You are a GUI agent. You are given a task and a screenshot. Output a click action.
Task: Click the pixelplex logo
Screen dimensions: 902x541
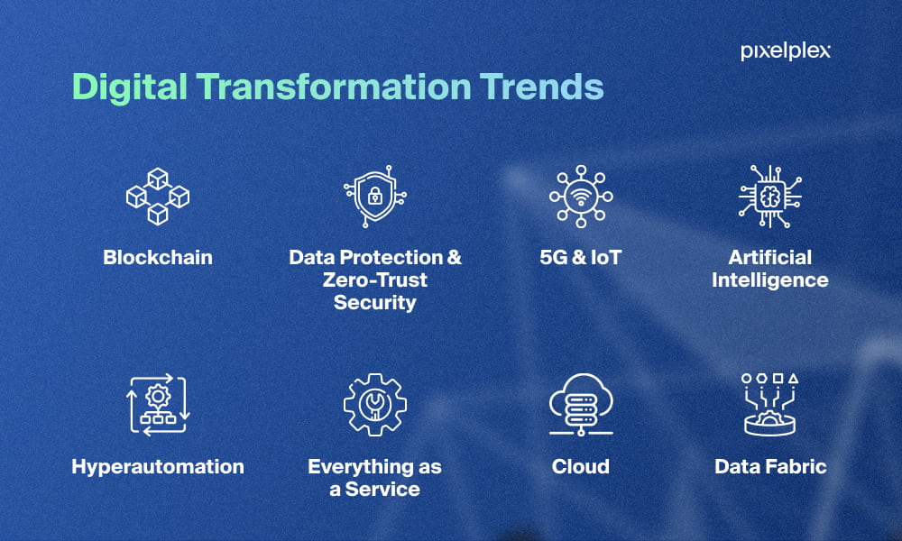pyautogui.click(x=786, y=51)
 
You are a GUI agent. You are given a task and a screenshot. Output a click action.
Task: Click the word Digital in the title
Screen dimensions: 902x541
pyautogui.click(x=129, y=87)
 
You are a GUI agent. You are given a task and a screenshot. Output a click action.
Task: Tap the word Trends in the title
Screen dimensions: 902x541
pyautogui.click(x=542, y=87)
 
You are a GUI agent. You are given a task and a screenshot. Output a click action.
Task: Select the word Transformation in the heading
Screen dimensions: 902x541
pyautogui.click(x=334, y=87)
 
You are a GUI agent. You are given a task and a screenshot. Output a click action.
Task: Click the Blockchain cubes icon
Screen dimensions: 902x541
pyautogui.click(x=158, y=196)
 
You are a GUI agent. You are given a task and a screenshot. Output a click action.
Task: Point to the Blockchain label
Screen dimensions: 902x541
pyautogui.click(x=158, y=257)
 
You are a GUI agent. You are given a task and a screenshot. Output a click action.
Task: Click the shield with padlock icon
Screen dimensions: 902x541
pyautogui.click(x=375, y=196)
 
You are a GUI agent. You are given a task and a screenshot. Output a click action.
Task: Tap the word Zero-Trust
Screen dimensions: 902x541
pyautogui.click(x=375, y=280)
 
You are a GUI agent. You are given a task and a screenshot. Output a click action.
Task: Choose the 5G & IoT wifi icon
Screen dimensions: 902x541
pyautogui.click(x=581, y=196)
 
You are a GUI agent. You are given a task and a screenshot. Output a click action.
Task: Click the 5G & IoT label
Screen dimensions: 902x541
pyautogui.click(x=581, y=257)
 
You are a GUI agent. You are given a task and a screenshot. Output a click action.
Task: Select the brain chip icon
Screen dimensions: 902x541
pyautogui.click(x=769, y=196)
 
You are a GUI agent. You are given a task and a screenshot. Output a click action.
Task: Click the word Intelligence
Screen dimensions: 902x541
pyautogui.click(x=769, y=280)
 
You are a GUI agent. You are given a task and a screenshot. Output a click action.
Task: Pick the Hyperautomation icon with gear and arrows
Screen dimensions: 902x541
pyautogui.click(x=158, y=405)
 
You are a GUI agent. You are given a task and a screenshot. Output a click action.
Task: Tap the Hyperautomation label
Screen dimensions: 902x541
pyautogui.click(x=158, y=467)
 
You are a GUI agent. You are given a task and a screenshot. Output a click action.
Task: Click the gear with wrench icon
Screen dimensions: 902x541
pyautogui.click(x=375, y=405)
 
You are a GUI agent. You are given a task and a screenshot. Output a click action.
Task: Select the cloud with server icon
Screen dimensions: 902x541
pyautogui.click(x=581, y=405)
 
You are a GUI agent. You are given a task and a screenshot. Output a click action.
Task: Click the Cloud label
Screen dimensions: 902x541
pyautogui.click(x=581, y=466)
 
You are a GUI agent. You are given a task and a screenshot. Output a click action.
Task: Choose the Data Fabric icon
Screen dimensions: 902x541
pyautogui.click(x=769, y=405)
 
